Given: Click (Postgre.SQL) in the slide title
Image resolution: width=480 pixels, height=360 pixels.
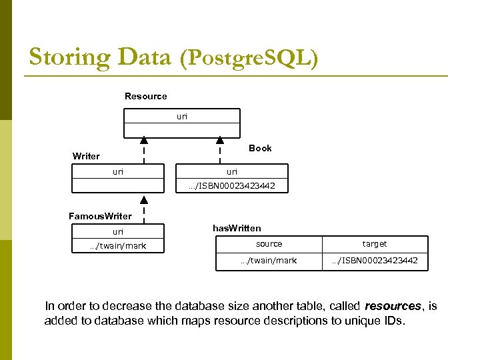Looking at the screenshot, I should click(249, 59).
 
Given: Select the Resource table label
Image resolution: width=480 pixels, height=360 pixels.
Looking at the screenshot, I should click(145, 97).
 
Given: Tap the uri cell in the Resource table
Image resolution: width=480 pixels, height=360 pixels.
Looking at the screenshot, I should click(182, 116).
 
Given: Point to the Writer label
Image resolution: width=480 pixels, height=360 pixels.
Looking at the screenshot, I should click(86, 156).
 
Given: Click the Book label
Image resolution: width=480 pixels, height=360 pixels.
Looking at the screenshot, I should click(260, 148).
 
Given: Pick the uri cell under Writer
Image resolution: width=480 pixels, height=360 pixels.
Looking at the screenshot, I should click(118, 171).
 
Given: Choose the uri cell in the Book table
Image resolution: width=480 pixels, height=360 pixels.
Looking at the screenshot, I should click(231, 171).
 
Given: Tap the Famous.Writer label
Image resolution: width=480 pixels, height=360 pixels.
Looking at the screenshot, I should click(100, 216).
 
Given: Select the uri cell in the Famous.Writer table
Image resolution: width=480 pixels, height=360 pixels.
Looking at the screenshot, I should click(118, 232).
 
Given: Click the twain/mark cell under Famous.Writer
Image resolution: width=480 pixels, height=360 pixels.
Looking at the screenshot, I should click(118, 246).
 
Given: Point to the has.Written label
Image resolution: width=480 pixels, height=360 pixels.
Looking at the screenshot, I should click(237, 228).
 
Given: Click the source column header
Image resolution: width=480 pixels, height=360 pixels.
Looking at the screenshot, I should click(269, 244).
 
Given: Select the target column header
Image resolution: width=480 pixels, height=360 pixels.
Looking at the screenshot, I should click(375, 244).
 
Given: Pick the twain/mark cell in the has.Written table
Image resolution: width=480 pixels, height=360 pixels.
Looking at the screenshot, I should click(269, 261).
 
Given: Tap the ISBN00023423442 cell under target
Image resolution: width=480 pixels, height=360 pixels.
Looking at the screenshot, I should click(375, 261).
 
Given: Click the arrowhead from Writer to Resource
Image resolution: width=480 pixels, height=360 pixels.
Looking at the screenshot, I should click(144, 140).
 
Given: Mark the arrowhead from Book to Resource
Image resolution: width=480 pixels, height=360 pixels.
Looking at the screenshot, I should click(220, 140).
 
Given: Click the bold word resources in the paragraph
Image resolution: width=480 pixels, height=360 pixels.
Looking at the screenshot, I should click(393, 306).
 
